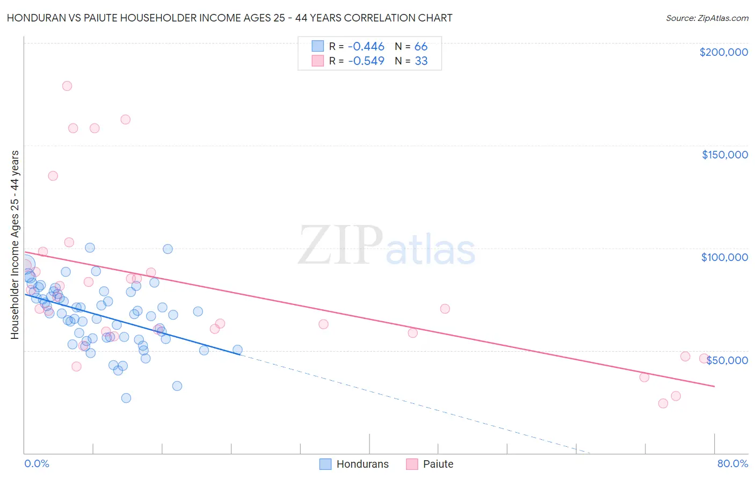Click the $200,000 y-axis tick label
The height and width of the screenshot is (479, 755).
click(723, 52)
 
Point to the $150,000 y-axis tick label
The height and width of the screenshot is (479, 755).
click(724, 155)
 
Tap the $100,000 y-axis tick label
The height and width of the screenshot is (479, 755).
click(724, 257)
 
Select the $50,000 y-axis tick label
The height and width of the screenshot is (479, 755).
click(727, 360)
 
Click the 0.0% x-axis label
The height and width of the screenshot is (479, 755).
click(37, 463)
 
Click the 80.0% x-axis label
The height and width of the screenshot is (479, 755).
click(732, 463)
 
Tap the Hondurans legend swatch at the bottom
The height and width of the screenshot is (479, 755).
click(325, 464)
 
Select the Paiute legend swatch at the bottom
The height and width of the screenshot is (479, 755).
click(412, 464)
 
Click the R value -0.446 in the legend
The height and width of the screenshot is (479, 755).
click(366, 47)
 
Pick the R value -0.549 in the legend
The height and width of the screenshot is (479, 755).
click(366, 61)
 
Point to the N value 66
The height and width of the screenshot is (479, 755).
click(421, 47)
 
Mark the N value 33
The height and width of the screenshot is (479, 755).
click(421, 61)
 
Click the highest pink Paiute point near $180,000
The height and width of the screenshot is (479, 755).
click(67, 86)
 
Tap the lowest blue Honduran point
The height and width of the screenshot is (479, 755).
click(126, 398)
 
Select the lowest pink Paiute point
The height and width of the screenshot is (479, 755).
click(663, 403)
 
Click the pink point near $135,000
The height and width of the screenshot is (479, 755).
click(53, 176)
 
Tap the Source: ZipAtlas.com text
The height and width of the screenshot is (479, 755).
click(707, 18)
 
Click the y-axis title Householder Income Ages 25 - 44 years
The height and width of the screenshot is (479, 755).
click(15, 245)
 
